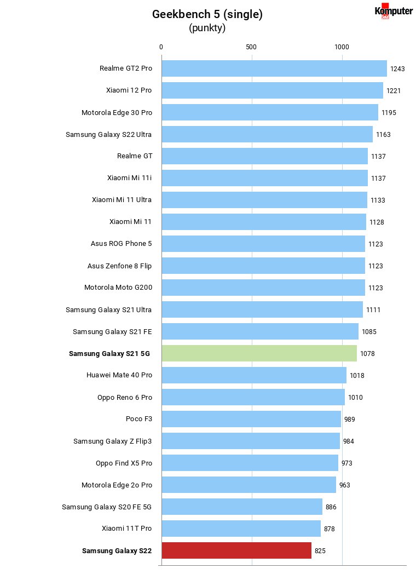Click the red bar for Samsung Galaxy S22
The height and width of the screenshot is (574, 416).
tap(236, 550)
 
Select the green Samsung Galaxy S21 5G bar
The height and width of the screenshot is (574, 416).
tap(259, 353)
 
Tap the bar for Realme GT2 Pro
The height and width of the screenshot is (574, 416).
tap(274, 68)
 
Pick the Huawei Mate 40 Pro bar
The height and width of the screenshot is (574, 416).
tap(255, 375)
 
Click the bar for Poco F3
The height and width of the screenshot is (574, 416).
tap(251, 419)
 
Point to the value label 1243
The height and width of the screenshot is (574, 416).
tap(397, 69)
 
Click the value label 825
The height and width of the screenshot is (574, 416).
tap(320, 551)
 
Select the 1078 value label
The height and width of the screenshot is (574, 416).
tap(367, 354)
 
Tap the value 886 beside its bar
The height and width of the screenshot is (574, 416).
tap(331, 507)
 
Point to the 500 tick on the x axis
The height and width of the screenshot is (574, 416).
tap(251, 47)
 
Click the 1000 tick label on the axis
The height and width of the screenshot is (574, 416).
tap(342, 47)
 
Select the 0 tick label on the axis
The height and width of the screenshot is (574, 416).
tap(161, 47)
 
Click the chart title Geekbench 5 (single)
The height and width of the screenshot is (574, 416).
tap(207, 14)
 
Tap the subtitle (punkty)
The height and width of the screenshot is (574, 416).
tap(207, 28)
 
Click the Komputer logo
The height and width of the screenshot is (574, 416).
tap(394, 11)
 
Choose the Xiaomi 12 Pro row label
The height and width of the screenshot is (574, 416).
tap(129, 90)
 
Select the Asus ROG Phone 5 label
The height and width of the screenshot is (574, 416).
tap(121, 243)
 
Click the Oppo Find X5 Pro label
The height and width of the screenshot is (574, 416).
tap(124, 463)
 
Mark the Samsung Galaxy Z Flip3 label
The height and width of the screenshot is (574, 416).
tap(112, 441)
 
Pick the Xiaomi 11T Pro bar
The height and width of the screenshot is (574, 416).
tap(241, 529)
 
